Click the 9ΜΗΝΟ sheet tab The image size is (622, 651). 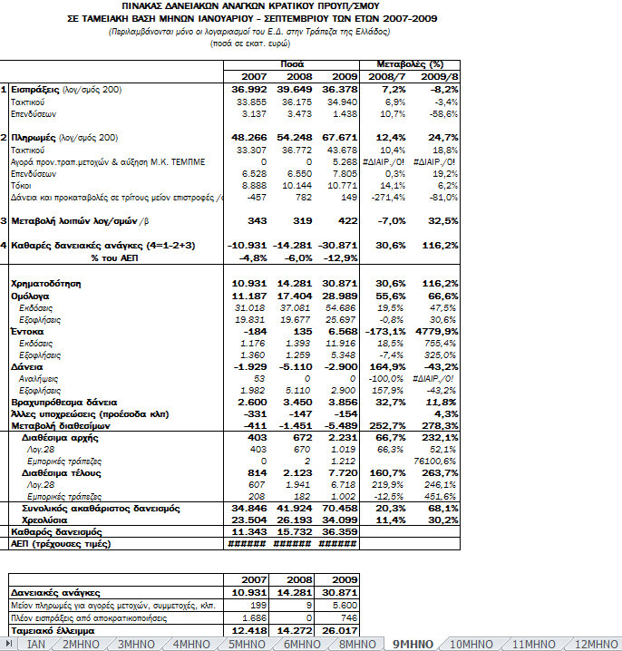point(413,644)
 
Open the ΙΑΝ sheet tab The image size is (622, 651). point(36,644)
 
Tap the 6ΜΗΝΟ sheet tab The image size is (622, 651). point(302,644)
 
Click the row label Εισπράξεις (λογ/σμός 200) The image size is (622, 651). point(66,90)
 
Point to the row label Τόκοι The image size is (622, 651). point(23,184)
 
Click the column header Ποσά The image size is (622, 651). point(291,64)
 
